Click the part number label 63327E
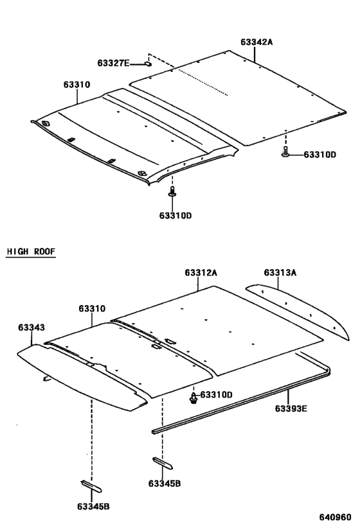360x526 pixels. (x=113, y=63)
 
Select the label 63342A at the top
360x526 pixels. (x=256, y=42)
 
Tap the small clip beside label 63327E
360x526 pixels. (x=148, y=64)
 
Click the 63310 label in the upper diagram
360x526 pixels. (x=77, y=85)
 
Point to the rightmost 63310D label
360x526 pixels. (x=319, y=155)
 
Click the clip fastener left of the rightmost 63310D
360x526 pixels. (x=285, y=152)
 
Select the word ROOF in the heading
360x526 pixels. (x=45, y=251)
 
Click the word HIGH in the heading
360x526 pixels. (x=17, y=251)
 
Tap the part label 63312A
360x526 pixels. (x=201, y=273)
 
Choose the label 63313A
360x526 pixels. (x=280, y=273)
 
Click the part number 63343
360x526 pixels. (x=32, y=328)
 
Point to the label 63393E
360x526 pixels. (x=291, y=408)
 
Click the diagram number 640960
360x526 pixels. (x=335, y=517)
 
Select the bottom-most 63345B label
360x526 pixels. (x=93, y=507)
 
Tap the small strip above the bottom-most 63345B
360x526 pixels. (x=91, y=486)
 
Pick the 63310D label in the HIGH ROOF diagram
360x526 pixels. (x=216, y=395)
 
